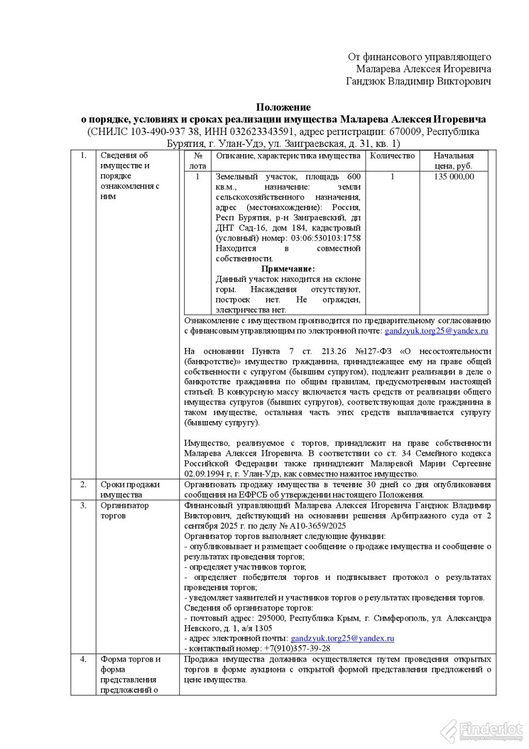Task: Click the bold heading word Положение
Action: [283, 108]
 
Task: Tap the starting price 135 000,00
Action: [454, 176]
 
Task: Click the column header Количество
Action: [393, 156]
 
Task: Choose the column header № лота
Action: [197, 161]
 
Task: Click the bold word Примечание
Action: [288, 269]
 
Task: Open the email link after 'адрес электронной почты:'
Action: [343, 638]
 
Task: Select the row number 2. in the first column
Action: [83, 485]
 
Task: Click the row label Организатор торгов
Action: [124, 510]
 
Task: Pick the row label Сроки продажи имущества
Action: [130, 489]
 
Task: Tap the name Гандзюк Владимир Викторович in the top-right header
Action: [418, 81]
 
